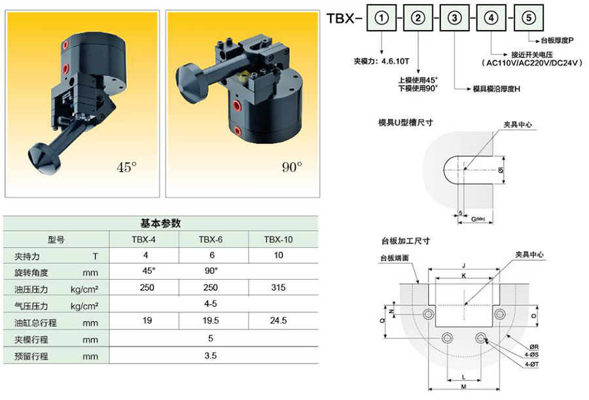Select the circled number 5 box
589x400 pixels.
(529, 18)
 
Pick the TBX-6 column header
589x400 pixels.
(211, 239)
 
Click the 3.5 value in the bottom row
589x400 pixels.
(211, 356)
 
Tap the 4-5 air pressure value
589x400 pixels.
(211, 305)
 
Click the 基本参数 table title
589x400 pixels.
(160, 223)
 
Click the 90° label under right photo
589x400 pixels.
(292, 167)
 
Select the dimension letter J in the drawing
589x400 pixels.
(463, 265)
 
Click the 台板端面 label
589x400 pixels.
(395, 258)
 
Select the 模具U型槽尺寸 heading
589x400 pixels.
(406, 122)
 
